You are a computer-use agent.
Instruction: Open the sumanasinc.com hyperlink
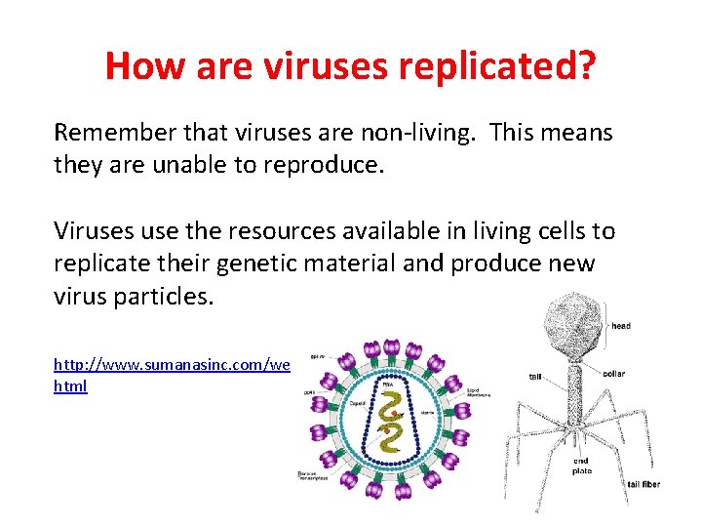click(x=172, y=364)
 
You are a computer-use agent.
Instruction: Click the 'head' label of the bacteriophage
click(x=621, y=326)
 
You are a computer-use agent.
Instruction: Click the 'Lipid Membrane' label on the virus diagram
click(x=479, y=391)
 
